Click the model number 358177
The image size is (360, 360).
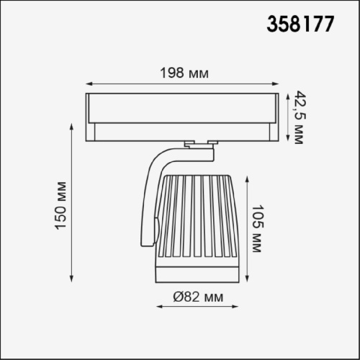click(x=300, y=24)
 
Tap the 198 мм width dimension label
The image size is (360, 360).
click(x=184, y=73)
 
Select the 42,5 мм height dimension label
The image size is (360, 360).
click(x=300, y=117)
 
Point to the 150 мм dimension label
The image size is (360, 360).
click(x=60, y=206)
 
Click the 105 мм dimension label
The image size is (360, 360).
click(x=258, y=228)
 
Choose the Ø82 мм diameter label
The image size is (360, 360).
click(x=198, y=297)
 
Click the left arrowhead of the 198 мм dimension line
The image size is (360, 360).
click(x=89, y=84)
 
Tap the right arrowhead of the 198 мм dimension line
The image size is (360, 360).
click(x=275, y=84)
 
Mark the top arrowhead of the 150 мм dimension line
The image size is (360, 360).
click(x=71, y=127)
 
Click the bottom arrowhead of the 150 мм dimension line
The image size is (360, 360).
click(x=71, y=279)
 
